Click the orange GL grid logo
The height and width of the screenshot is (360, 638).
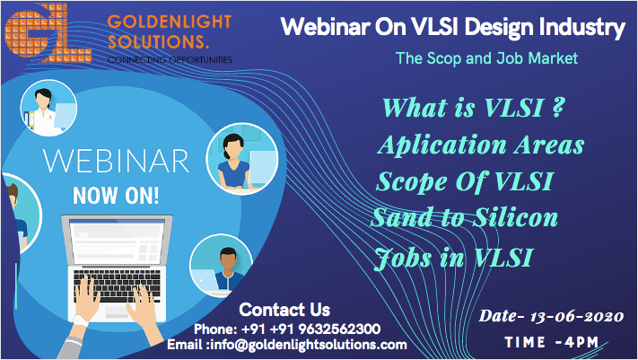[x=48, y=33]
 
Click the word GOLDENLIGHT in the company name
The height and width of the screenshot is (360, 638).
[x=170, y=22]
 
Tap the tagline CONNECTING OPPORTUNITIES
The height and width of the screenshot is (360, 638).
[x=170, y=60]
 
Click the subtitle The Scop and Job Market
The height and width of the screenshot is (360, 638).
[x=486, y=58]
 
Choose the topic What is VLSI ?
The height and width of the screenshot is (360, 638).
[x=474, y=108]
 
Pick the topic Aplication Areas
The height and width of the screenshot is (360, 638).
[x=481, y=145]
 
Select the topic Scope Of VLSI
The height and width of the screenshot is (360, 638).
[x=465, y=181]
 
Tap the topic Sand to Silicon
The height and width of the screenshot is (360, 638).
[x=464, y=217]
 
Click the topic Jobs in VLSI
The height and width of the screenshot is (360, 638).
[x=453, y=258]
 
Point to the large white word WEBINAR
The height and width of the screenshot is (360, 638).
[x=116, y=162]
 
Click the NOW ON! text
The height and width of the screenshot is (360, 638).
[x=116, y=196]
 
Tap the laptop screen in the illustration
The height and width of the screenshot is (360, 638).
[x=118, y=242]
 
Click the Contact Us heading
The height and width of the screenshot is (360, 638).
[x=284, y=310]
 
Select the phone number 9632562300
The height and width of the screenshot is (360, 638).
[x=340, y=329]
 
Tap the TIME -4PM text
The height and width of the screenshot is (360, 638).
[x=551, y=342]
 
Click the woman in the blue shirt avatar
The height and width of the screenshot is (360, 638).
[x=241, y=159]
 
